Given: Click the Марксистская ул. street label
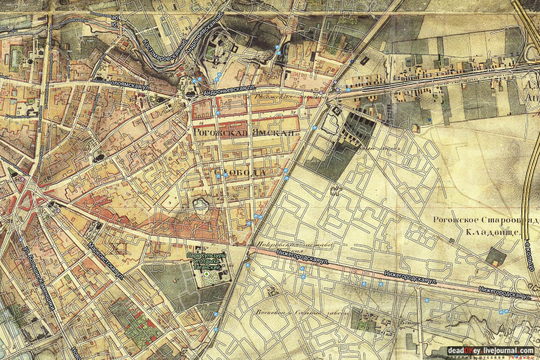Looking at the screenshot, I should (105, 261).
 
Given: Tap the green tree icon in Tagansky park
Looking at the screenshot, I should (206, 275).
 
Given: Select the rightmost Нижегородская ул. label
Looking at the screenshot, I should (506, 294).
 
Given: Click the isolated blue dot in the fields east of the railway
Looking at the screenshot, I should (429, 119).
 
